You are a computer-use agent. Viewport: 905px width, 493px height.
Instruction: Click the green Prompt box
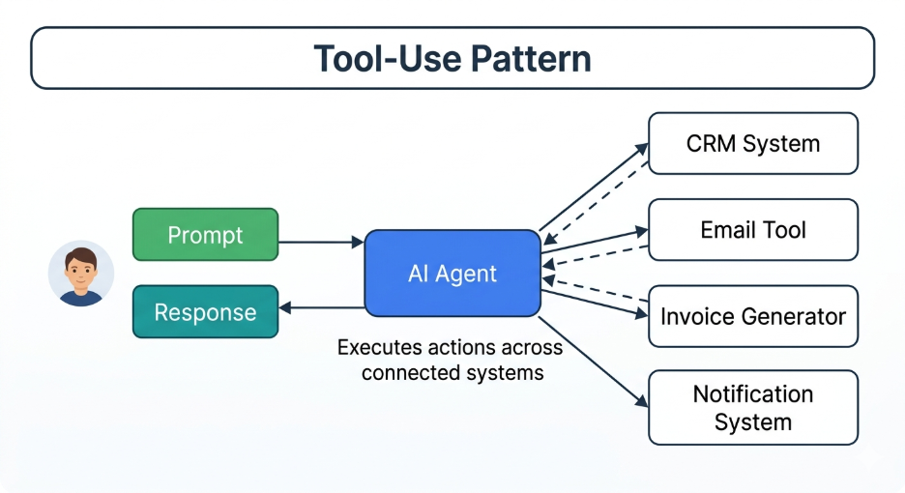pos(205,235)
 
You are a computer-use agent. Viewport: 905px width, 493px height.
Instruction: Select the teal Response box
pos(205,312)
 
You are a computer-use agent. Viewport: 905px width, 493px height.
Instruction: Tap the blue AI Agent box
pos(452,273)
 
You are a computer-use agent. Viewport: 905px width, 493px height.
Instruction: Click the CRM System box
pos(752,144)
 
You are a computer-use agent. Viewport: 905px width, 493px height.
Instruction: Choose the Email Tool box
pos(752,230)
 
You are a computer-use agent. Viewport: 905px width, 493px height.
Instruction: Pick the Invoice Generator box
pos(752,316)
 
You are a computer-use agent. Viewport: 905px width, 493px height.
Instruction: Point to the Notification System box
pos(752,408)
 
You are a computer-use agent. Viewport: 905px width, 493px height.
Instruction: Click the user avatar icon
pos(81,274)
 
